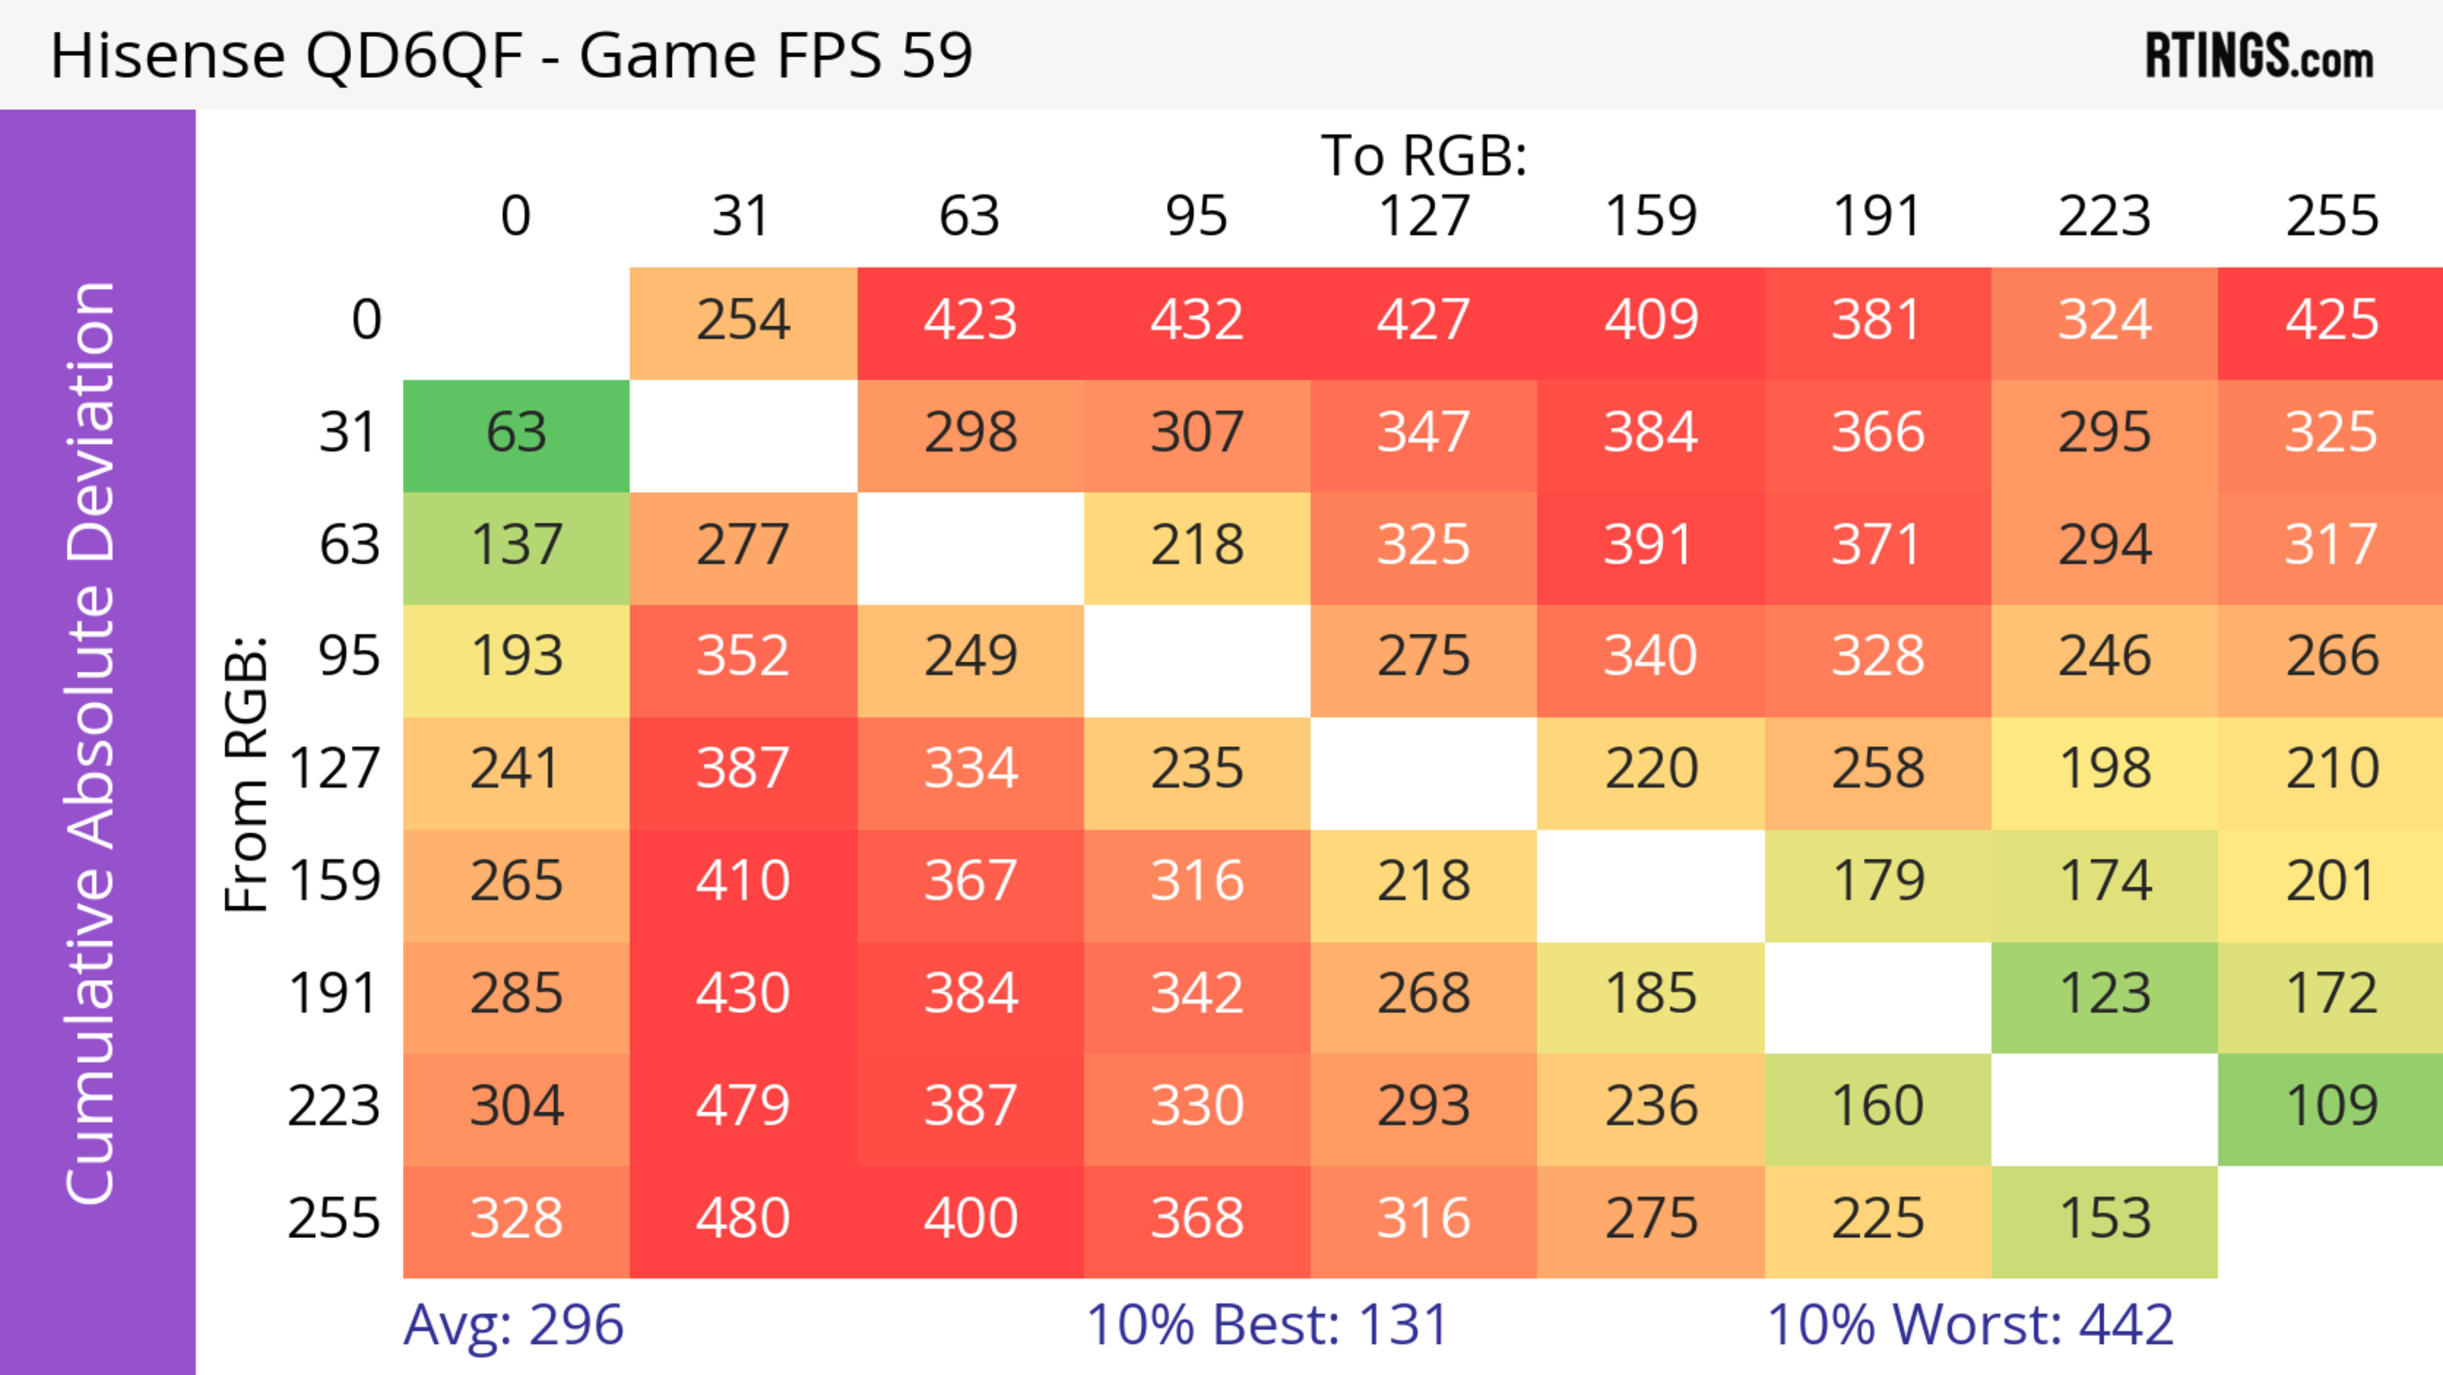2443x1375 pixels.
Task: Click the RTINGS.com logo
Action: (x=2259, y=55)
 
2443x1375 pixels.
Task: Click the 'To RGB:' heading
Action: (x=1424, y=155)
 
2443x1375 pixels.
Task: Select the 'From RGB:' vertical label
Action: (x=247, y=774)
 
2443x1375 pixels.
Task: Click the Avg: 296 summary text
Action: (x=513, y=1324)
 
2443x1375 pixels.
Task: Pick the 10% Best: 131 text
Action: (x=1267, y=1324)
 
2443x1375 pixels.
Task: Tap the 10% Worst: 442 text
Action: (x=1970, y=1324)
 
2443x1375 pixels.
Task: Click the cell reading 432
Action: (x=1197, y=321)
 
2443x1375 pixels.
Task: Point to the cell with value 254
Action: (x=742, y=321)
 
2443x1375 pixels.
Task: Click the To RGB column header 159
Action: (x=1650, y=216)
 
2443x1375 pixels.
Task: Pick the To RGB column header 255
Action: (x=2331, y=216)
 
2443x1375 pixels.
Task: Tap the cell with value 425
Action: (x=2331, y=321)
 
